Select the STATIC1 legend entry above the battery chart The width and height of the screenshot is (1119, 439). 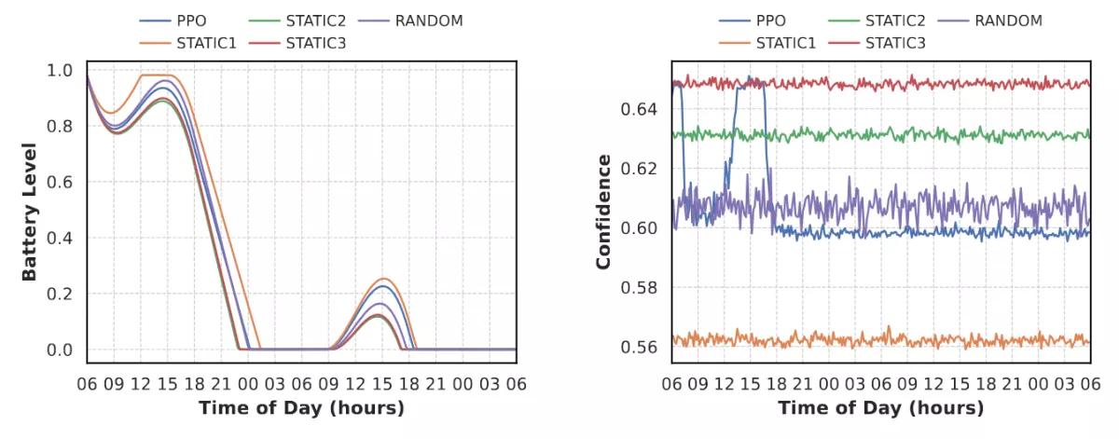pos(201,43)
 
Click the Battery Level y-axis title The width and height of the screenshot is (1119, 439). pos(29,212)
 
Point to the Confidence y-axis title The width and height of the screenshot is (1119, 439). pos(603,212)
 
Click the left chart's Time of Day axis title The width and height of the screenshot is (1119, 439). pos(301,408)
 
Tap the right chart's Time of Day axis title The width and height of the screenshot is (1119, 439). pos(880,408)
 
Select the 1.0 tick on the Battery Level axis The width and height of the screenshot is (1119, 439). pos(59,70)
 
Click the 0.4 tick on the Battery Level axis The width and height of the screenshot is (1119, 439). pos(59,238)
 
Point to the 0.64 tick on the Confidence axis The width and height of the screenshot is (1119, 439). pos(639,109)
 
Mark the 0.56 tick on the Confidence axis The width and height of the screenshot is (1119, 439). pos(639,347)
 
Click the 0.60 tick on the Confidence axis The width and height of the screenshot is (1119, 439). pos(639,228)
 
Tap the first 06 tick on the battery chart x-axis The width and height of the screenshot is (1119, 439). pos(87,383)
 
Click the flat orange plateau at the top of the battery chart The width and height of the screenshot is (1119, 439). pos(156,75)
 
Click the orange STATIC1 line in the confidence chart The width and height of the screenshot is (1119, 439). pos(839,340)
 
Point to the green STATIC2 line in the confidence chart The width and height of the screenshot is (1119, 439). pos(839,135)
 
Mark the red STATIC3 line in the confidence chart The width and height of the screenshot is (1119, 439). pos(839,84)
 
